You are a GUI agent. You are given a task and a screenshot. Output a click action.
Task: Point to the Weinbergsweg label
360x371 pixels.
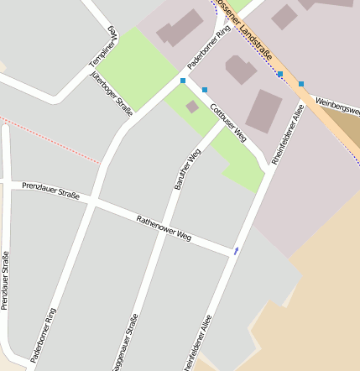(337, 107)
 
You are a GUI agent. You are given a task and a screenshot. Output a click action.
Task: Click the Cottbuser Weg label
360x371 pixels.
(227, 123)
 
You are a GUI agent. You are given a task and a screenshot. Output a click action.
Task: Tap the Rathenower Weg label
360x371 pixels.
(164, 227)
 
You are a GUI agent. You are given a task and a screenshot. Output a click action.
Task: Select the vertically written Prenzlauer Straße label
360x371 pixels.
(5, 280)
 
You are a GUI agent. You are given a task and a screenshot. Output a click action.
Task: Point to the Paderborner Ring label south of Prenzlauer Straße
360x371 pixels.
(44, 334)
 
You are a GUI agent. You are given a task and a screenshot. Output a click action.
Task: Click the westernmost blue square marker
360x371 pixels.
(183, 81)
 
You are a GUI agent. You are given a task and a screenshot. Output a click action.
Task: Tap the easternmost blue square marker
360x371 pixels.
(301, 84)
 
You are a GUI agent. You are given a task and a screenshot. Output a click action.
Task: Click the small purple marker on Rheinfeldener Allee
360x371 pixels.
(237, 250)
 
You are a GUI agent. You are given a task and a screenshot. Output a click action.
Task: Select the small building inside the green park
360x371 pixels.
(192, 107)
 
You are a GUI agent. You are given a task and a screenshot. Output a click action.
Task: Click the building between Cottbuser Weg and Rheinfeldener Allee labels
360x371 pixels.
(264, 111)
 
